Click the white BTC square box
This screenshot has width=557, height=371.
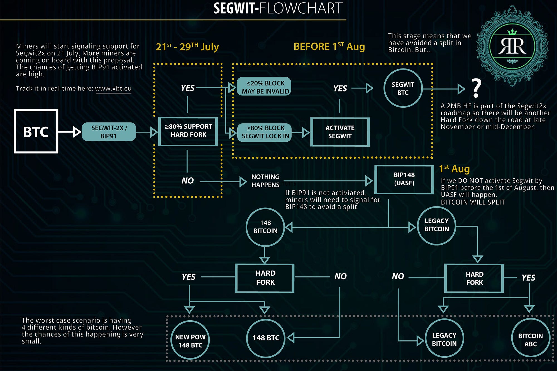coord(36,131)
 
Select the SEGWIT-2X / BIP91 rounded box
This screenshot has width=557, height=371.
coord(109,132)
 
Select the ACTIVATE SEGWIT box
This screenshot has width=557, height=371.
coord(340,132)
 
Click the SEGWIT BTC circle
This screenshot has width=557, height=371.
coord(403,88)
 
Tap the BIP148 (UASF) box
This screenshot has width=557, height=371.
coord(404,179)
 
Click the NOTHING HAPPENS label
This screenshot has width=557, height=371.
coord(265,181)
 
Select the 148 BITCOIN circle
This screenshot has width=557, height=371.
coord(265,227)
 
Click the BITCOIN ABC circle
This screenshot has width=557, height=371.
coord(530,340)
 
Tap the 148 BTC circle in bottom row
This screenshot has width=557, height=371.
coord(266,338)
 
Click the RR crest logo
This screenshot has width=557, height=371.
coord(512,46)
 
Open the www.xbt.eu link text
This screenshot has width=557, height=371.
coord(113,89)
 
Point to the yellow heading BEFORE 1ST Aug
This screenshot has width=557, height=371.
coord(329,46)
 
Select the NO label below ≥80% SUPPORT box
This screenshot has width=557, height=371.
coord(187,181)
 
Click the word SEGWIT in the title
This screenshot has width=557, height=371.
coord(233,8)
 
